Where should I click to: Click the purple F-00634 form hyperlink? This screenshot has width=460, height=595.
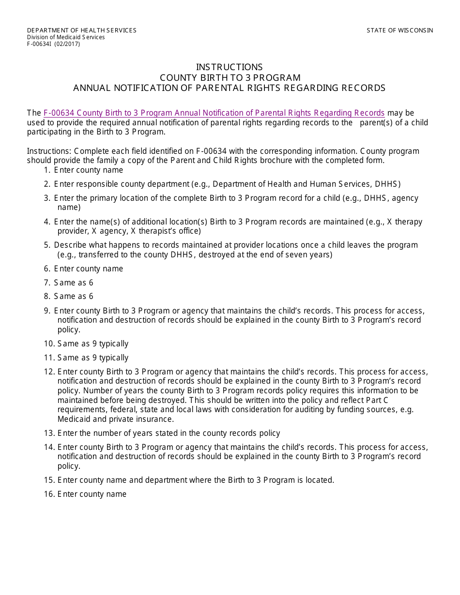(x=214, y=113)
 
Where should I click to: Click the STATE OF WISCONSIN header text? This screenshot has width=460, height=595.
(x=399, y=30)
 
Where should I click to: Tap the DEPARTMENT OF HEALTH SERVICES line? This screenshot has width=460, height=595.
(x=81, y=30)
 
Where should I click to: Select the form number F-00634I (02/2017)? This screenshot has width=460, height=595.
(x=53, y=44)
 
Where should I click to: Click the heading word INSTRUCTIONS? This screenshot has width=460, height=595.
(x=229, y=67)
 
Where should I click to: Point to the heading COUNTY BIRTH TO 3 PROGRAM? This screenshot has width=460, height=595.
(x=230, y=78)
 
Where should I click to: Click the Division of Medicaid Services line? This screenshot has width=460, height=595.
(x=65, y=37)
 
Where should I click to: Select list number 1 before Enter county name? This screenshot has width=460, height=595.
(x=46, y=170)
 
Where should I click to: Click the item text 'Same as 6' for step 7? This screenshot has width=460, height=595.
(x=74, y=283)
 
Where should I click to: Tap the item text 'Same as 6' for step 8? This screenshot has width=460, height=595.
(x=74, y=297)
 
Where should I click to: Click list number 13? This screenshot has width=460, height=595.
(x=48, y=433)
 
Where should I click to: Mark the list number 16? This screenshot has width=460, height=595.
(x=48, y=494)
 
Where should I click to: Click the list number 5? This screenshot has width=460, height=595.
(x=46, y=245)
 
